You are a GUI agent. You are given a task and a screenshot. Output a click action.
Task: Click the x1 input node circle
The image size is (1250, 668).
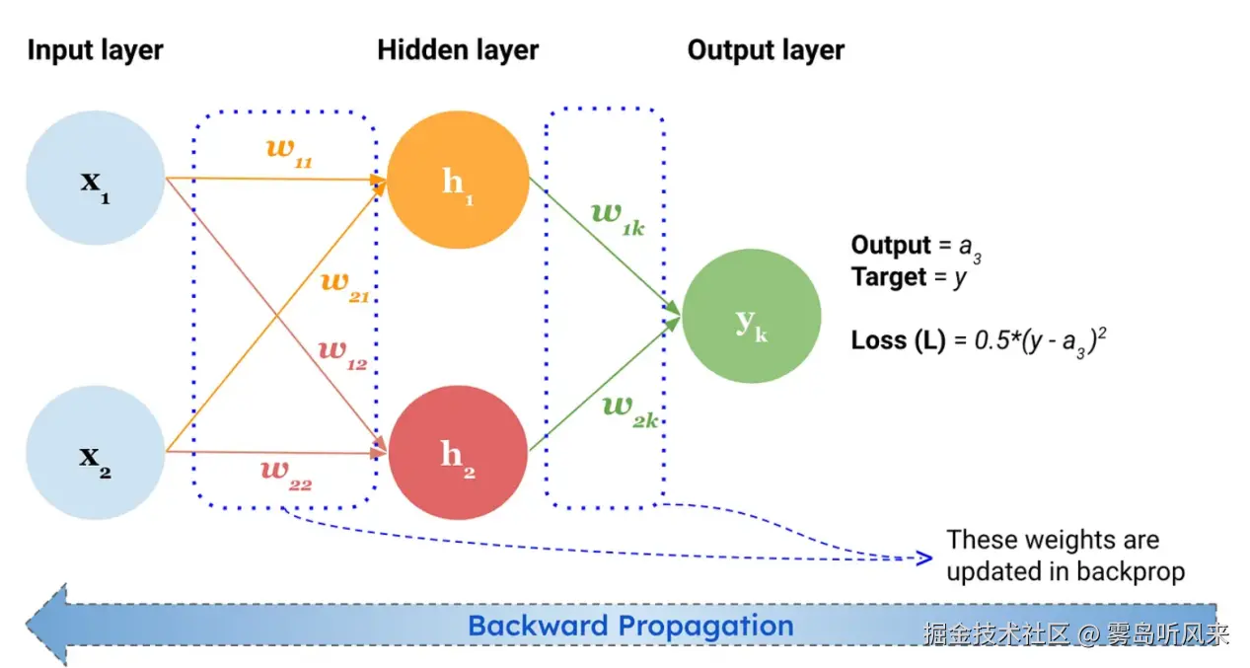point(95,179)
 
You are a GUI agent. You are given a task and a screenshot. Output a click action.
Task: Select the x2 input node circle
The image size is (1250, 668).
point(95,454)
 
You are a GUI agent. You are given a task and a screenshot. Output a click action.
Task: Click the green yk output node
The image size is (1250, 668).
point(752,310)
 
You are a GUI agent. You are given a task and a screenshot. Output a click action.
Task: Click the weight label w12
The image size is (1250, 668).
point(341,352)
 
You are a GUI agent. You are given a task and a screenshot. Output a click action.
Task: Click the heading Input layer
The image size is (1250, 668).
point(95,50)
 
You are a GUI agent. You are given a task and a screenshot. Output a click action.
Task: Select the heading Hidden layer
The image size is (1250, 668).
point(458,50)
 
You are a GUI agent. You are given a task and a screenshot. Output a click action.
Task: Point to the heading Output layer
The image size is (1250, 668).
point(766,50)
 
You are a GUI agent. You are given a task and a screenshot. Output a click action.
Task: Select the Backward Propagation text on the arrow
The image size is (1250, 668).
point(630,626)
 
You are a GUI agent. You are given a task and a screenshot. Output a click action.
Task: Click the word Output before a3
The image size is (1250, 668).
point(891,245)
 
